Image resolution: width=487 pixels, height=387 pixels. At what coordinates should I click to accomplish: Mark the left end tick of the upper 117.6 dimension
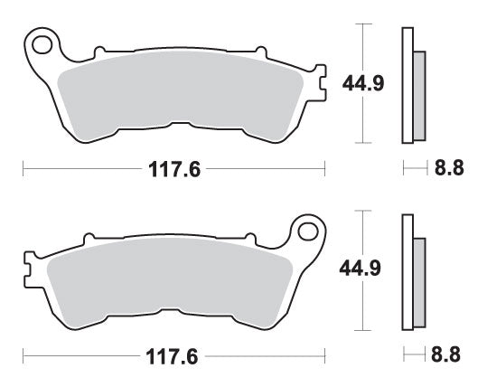(x=23, y=168)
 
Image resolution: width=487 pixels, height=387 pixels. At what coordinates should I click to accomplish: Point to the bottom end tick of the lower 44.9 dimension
(x=362, y=329)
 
